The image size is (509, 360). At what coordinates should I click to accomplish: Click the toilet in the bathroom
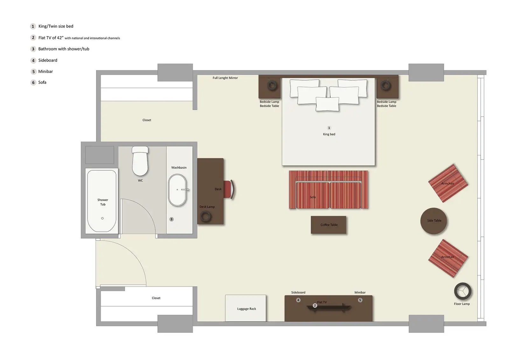(x=140, y=162)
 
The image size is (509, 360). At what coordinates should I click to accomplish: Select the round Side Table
(x=434, y=221)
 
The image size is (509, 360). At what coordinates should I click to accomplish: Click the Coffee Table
(x=329, y=225)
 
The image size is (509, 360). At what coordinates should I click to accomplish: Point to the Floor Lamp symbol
(x=462, y=291)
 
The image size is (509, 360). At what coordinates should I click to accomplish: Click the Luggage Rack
(x=246, y=308)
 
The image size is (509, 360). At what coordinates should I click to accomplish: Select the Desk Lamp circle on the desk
(x=206, y=217)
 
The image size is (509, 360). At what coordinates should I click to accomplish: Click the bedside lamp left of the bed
(x=272, y=85)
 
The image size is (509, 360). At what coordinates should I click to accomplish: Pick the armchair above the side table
(x=448, y=183)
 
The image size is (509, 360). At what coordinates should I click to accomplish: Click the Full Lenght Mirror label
(x=225, y=78)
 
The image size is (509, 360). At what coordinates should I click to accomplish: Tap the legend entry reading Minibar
(x=45, y=72)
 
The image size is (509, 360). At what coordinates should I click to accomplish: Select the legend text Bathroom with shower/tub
(x=64, y=49)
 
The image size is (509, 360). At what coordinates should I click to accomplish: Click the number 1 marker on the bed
(x=329, y=128)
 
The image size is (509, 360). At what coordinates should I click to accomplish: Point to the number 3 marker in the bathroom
(x=171, y=219)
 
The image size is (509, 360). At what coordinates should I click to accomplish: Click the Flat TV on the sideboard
(x=329, y=307)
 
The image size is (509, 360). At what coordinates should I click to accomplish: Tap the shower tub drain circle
(x=102, y=218)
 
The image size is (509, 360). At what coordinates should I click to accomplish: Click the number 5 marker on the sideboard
(x=360, y=300)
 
